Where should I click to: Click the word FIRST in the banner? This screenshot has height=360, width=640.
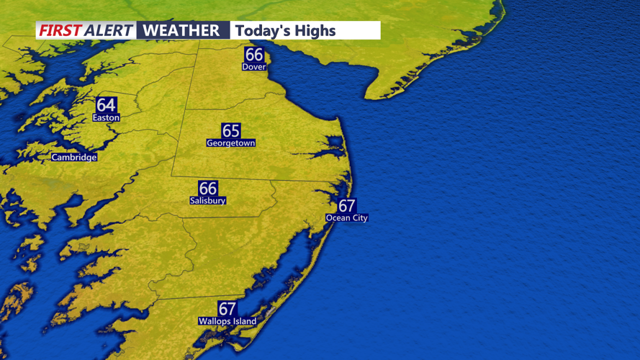coord(60,30)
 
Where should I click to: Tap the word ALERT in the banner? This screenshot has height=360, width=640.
coord(108,30)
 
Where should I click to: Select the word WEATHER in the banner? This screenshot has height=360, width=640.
coord(181,30)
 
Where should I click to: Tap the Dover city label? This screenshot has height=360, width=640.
coord(253,67)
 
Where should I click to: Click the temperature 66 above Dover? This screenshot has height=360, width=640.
coord(253,55)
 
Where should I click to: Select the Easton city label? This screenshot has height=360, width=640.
coord(106,117)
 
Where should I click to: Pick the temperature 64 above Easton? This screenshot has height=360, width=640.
coord(106,105)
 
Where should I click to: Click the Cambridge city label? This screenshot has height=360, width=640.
coord(73,157)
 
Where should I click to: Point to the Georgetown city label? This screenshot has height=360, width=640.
coord(230,143)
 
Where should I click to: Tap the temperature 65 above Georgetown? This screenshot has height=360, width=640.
coord(230,130)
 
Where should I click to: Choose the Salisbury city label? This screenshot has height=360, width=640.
coord(207,201)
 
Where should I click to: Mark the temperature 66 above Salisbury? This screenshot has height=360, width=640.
coord(207,188)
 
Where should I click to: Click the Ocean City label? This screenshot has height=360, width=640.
coord(346,218)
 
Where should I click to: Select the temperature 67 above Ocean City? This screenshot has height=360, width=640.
coord(346,206)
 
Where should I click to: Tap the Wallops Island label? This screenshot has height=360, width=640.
coord(227,321)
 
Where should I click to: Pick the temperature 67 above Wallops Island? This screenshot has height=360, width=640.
coord(227,309)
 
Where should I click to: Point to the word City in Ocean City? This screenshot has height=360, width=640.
coord(359,218)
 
